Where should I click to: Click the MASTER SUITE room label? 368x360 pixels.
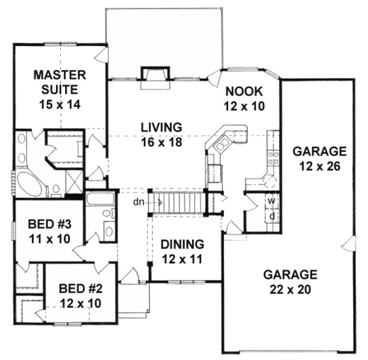(57, 81)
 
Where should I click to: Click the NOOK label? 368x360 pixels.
(244, 91)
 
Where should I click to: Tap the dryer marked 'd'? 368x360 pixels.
(272, 216)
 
